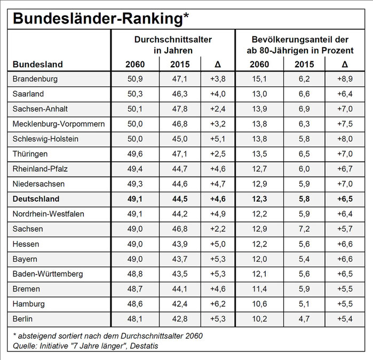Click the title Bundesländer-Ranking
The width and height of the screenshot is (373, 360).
pyautogui.click(x=101, y=19)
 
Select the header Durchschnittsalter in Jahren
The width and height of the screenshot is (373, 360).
pyautogui.click(x=173, y=45)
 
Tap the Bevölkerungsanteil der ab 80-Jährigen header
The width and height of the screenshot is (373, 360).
pyautogui.click(x=300, y=45)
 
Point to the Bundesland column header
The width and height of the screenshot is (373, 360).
pyautogui.click(x=37, y=64)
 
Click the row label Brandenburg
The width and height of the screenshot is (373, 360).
pyautogui.click(x=35, y=79)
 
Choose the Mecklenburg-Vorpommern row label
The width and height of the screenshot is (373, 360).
pyautogui.click(x=59, y=124)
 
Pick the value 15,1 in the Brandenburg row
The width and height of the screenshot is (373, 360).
pyautogui.click(x=259, y=79)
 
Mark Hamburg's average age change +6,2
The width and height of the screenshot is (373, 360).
pyautogui.click(x=218, y=304)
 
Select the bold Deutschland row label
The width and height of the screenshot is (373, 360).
pyautogui.click(x=36, y=199)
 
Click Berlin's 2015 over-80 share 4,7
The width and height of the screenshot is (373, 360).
pyautogui.click(x=304, y=319)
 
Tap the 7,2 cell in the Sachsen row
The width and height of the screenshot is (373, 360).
pyautogui.click(x=304, y=229)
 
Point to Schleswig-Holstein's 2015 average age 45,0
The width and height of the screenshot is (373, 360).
pyautogui.click(x=180, y=139)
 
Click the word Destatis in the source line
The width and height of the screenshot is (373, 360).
pyautogui.click(x=144, y=346)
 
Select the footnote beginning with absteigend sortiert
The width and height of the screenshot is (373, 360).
pyautogui.click(x=108, y=336)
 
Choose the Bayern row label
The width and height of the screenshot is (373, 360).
pyautogui.click(x=25, y=259)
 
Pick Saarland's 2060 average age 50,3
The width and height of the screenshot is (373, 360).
pyautogui.click(x=135, y=94)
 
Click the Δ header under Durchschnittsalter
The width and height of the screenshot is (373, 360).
pyautogui.click(x=218, y=64)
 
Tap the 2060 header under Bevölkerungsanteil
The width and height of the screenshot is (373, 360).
pyautogui.click(x=259, y=64)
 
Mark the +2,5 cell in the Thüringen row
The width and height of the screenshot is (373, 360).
pyautogui.click(x=218, y=154)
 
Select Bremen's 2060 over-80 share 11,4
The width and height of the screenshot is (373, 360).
pyautogui.click(x=259, y=289)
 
